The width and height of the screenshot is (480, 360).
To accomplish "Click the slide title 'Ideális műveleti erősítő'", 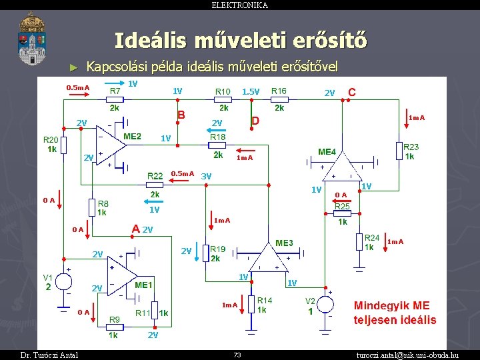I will tap(240, 41).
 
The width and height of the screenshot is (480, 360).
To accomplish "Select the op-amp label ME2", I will tap(132, 137).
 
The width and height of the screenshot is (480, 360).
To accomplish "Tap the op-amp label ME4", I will tap(327, 152).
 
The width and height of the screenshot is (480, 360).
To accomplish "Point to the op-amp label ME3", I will tap(284, 243).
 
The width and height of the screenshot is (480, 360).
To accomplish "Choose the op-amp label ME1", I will tap(143, 285).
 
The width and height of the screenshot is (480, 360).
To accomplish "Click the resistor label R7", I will tap(115, 91).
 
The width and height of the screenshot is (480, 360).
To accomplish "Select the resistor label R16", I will tap(279, 91).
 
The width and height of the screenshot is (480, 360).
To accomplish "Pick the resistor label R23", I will tap(411, 147).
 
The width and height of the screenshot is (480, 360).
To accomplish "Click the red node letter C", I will tap(352, 91).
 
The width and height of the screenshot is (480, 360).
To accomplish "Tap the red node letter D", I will tap(255, 121).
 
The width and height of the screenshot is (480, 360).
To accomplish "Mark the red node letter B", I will tap(180, 115).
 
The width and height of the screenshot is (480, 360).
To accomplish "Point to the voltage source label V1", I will tap(48, 277).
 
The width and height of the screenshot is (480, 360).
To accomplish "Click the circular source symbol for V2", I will tap(326, 304).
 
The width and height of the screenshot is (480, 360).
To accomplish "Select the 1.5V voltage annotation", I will tap(251, 91).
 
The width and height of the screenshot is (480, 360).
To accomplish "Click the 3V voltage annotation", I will tap(206, 176).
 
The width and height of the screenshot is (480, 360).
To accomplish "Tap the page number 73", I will tap(237, 355).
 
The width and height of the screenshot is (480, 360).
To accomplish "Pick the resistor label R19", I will tap(217, 249).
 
